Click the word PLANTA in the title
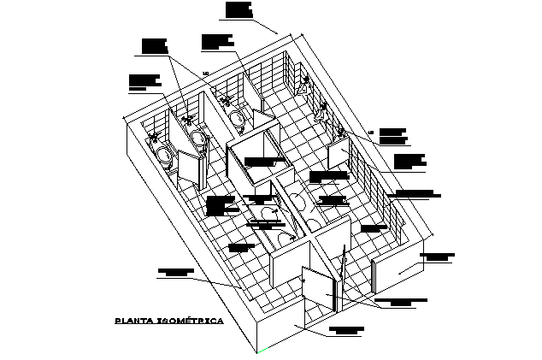[x=133, y=322]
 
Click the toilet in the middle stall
[x=199, y=139]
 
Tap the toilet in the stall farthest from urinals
[x=163, y=154]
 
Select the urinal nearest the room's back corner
[x=303, y=86]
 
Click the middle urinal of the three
[x=321, y=111]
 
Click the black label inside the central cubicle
[x=256, y=160]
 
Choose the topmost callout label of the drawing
[x=239, y=9]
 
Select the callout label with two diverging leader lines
[x=154, y=45]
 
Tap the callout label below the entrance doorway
[x=346, y=331]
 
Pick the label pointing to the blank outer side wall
[x=439, y=256]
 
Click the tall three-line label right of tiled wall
[x=409, y=161]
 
